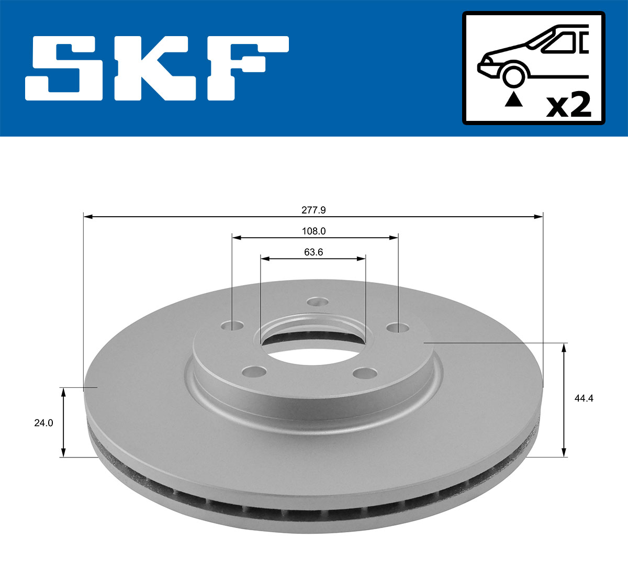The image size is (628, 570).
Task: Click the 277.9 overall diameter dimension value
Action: pyautogui.click(x=313, y=210)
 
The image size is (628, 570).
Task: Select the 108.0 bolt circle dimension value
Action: pyautogui.click(x=314, y=231)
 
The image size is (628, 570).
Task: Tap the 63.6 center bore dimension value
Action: pyautogui.click(x=313, y=252)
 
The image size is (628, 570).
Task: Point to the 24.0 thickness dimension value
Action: pyautogui.click(x=43, y=423)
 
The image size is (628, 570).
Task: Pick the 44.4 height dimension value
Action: pyautogui.click(x=584, y=398)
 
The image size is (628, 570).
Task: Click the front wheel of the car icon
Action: pyautogui.click(x=513, y=75)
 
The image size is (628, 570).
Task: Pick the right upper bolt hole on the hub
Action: pyautogui.click(x=397, y=328)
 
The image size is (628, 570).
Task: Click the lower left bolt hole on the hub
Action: pyautogui.click(x=254, y=372)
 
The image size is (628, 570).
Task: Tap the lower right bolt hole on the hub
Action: pyautogui.click(x=364, y=373)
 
